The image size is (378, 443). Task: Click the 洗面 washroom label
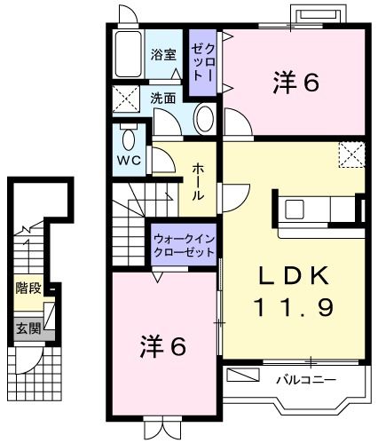click(161, 98)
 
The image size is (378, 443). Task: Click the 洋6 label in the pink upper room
click(294, 83)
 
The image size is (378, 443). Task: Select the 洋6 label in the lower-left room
click(162, 346)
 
